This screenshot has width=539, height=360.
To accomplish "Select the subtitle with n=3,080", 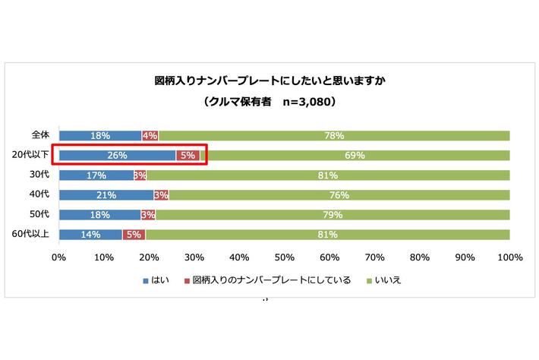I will [x=270, y=100].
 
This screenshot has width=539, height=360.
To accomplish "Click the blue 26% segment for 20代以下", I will [x=117, y=155].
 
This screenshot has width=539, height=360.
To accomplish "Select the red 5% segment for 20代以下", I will [x=188, y=155].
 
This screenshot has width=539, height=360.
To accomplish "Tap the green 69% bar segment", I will [x=355, y=155].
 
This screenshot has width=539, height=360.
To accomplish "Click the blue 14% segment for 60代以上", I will [x=90, y=234].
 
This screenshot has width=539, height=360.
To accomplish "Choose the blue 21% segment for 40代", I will [x=106, y=194].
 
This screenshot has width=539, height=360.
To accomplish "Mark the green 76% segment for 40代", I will [x=339, y=194].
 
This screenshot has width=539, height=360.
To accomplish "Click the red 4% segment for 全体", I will [x=150, y=135].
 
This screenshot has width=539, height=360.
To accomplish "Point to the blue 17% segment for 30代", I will [x=96, y=175].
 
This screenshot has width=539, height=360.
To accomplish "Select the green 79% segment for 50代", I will [x=333, y=214].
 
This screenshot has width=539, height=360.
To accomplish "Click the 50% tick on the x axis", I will [x=284, y=257].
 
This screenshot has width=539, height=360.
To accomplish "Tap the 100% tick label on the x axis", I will [x=509, y=257].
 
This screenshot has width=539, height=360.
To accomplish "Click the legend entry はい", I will [x=156, y=280].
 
